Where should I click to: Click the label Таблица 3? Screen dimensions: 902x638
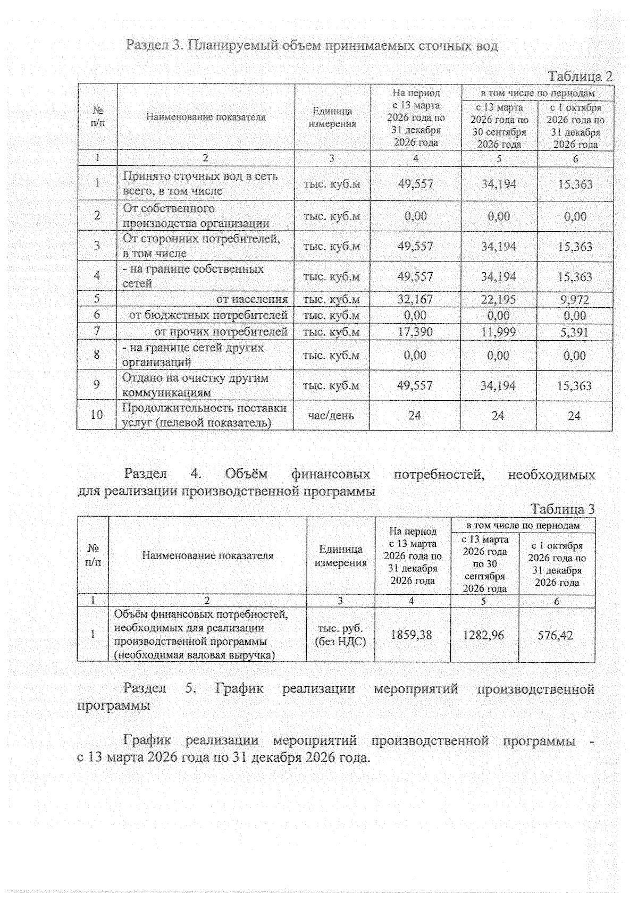click(x=563, y=509)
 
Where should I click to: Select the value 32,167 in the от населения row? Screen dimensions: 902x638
click(x=415, y=300)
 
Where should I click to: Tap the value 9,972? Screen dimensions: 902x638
click(x=574, y=300)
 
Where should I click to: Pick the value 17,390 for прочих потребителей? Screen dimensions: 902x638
click(x=415, y=332)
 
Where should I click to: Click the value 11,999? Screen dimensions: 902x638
click(x=498, y=332)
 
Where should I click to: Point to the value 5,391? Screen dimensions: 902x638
click(x=574, y=332)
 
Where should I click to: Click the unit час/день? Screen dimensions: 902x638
click(x=331, y=415)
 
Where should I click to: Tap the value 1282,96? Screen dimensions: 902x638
click(x=484, y=635)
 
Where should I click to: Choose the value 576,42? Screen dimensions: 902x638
click(x=556, y=635)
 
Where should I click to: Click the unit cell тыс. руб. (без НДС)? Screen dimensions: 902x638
click(x=340, y=635)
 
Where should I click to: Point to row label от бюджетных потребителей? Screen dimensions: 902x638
click(x=208, y=316)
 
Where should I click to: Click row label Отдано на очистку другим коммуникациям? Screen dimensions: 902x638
click(x=195, y=385)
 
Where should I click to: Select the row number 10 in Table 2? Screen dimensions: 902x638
click(x=97, y=415)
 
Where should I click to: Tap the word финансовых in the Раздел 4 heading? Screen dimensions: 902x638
click(x=331, y=474)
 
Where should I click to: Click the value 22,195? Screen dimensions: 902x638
click(x=498, y=300)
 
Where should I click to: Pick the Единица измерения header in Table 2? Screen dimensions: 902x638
click(x=332, y=117)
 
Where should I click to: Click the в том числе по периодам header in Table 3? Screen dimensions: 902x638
click(x=523, y=525)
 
